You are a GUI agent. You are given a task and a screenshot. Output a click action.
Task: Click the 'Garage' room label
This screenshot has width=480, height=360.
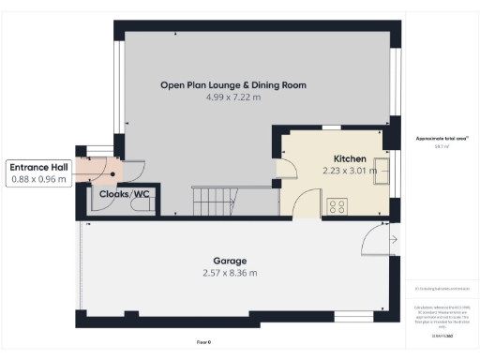pos(229,262)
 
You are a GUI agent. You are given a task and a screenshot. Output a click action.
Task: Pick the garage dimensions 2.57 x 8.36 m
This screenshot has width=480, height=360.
pos(229,274)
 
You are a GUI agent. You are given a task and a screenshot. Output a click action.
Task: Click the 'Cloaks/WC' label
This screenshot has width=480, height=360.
pos(125,194)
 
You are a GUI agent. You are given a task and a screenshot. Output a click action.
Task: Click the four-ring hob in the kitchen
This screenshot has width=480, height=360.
pos(337,206)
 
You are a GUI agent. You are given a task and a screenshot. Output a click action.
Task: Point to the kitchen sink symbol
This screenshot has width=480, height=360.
pos(382,169)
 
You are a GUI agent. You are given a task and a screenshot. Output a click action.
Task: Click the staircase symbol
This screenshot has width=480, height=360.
pos(216,199)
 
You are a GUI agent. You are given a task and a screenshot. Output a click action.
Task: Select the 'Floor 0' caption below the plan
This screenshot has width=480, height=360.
pos(203,343)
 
